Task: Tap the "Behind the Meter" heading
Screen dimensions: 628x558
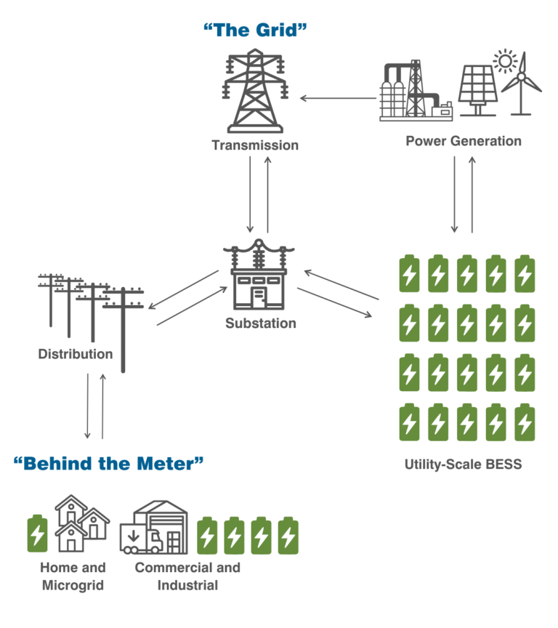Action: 108,463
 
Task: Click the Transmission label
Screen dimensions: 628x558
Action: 255,145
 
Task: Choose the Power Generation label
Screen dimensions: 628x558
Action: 463,141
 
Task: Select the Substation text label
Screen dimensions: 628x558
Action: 260,323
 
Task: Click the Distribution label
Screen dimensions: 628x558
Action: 76,354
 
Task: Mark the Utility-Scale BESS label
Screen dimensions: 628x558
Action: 463,464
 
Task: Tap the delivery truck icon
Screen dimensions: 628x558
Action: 139,538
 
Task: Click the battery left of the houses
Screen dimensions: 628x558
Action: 37,534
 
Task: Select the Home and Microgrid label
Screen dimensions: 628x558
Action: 73,576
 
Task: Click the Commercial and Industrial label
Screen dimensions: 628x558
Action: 187,576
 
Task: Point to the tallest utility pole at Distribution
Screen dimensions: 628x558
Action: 122,327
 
